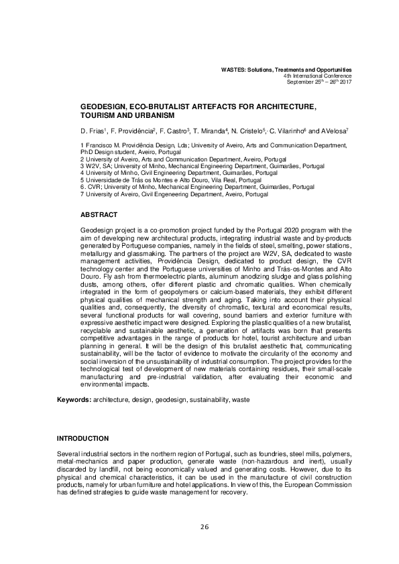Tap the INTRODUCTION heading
83,438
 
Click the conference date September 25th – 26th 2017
319,81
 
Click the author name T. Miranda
211,131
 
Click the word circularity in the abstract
276,349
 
